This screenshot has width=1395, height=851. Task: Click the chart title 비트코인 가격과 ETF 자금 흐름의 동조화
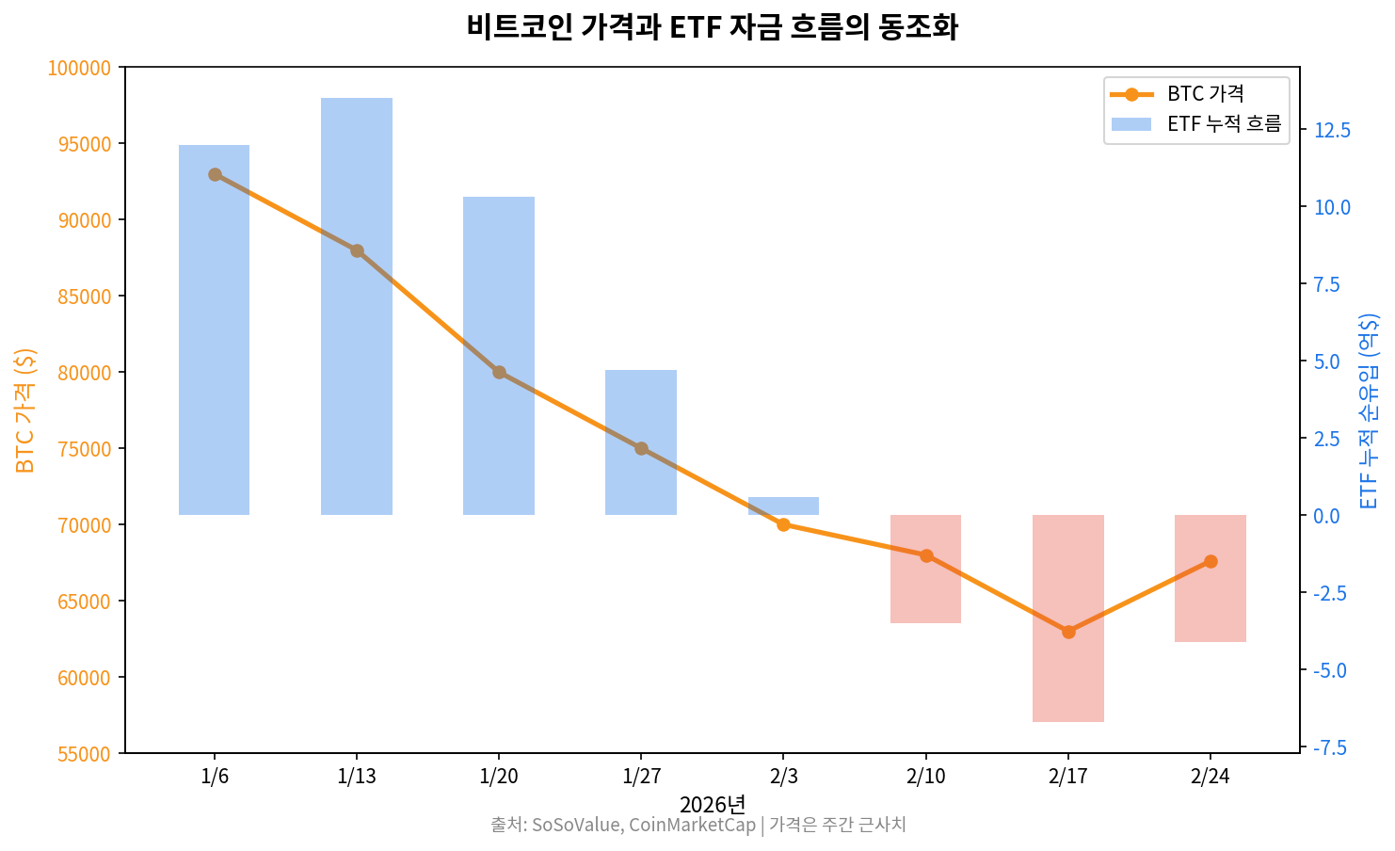(712, 26)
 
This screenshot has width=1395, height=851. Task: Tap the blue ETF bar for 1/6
(214, 329)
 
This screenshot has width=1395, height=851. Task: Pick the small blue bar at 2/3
(783, 506)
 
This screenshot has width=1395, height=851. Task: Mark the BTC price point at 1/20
(499, 372)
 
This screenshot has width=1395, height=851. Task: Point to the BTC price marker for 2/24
(1211, 561)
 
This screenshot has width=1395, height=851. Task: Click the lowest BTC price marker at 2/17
(1067, 632)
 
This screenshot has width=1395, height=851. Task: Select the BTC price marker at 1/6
(215, 174)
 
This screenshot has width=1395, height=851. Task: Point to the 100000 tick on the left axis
(79, 68)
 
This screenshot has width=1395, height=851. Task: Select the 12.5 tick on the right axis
(1332, 130)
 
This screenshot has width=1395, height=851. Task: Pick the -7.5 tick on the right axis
(1330, 747)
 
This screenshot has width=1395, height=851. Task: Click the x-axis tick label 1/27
(641, 777)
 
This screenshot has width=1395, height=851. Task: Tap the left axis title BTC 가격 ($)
(25, 410)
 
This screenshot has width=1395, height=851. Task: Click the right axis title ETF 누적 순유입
(1369, 410)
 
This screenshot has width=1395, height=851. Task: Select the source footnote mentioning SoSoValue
(697, 826)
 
